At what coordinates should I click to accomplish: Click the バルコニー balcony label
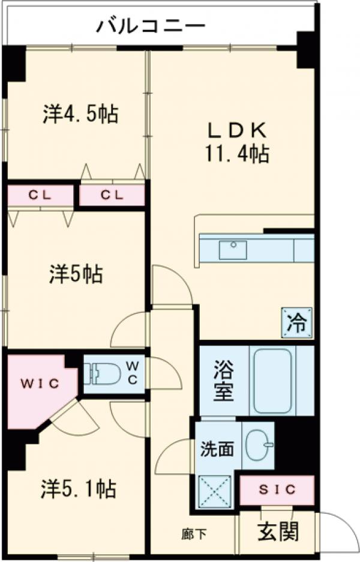151,26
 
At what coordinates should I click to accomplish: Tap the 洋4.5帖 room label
80,113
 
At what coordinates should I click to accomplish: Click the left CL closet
41,195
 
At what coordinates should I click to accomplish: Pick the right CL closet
112,195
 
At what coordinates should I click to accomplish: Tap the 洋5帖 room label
75,274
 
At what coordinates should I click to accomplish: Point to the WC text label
133,372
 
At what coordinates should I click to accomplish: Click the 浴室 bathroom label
222,381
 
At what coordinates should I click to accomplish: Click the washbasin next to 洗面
259,445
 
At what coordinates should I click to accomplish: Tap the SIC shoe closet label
277,489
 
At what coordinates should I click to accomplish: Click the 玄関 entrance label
278,530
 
